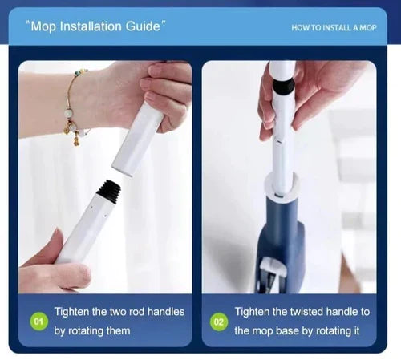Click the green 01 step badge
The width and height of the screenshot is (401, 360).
pos(38,321)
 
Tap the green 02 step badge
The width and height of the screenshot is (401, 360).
pos(219,322)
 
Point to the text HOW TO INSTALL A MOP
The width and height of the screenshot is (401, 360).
pos(334,28)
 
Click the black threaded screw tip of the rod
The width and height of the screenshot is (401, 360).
pos(109,189)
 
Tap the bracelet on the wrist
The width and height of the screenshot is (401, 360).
pos(74,102)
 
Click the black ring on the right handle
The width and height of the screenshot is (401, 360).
pos(283,87)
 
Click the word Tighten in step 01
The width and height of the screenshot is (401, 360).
pos(71,312)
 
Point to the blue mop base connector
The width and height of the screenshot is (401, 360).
pos(281,241)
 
